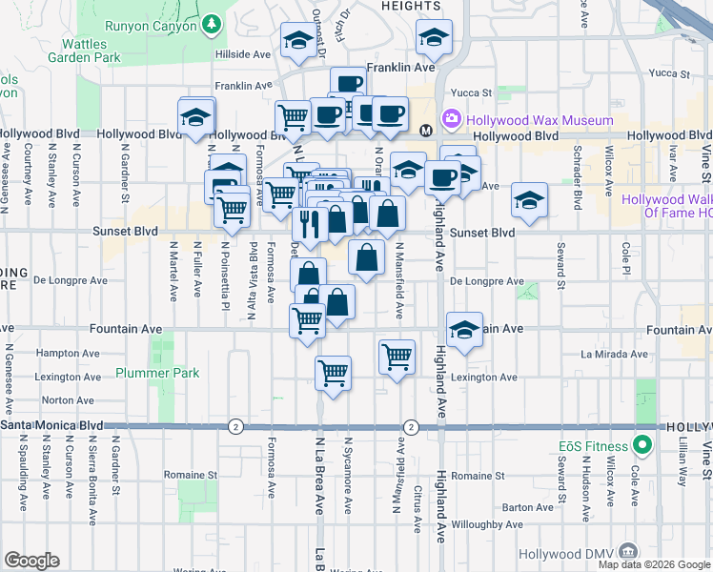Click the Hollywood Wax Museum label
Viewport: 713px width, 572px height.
[540, 121]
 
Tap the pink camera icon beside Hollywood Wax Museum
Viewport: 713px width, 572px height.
[451, 120]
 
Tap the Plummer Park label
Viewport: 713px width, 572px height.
[158, 373]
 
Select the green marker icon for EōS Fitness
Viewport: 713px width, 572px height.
[642, 445]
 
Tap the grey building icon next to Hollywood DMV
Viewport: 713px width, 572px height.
[627, 550]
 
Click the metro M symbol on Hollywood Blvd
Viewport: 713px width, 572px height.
[426, 130]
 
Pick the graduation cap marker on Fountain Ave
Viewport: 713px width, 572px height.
[464, 331]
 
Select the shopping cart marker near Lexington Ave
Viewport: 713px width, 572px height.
[333, 373]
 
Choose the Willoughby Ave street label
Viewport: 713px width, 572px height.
[488, 524]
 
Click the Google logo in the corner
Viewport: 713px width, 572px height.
[31, 561]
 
